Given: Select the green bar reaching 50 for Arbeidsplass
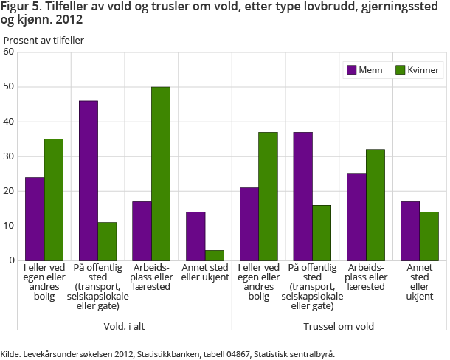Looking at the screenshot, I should coord(160,173).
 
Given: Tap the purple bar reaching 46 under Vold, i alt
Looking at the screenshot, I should coord(88,181).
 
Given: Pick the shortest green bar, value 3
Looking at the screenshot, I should coord(214,255).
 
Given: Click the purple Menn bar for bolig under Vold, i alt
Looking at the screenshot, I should coord(35,218).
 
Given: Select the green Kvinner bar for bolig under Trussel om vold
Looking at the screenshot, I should coord(267,196).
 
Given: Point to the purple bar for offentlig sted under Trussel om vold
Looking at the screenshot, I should coord(302,196).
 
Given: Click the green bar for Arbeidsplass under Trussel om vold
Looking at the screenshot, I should coord(375,205).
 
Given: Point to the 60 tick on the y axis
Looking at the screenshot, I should coord(9,52).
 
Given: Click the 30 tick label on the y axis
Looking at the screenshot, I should coord(9,156).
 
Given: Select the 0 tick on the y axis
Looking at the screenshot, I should coord(11,260).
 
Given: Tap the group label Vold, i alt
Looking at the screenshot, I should coord(124,326).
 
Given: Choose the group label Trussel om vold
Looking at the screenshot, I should coord(339,326).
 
